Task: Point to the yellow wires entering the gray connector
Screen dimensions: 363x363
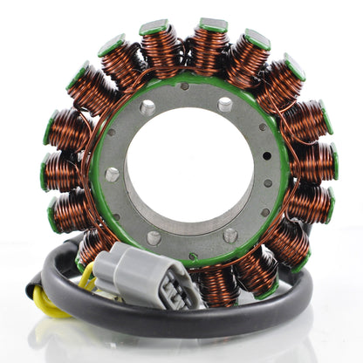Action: point(87,277)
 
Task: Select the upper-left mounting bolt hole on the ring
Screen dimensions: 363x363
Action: point(147,108)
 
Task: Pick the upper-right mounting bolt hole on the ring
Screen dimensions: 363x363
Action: point(225,104)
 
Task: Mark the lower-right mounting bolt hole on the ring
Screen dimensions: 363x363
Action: point(230,234)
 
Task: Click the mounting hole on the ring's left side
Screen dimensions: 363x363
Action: point(112,174)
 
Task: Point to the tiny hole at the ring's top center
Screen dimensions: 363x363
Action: point(184,86)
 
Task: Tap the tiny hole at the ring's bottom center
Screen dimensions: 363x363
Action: point(193,256)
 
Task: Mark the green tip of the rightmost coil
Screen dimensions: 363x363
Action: point(332,161)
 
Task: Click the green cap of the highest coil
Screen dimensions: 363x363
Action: point(213,25)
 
